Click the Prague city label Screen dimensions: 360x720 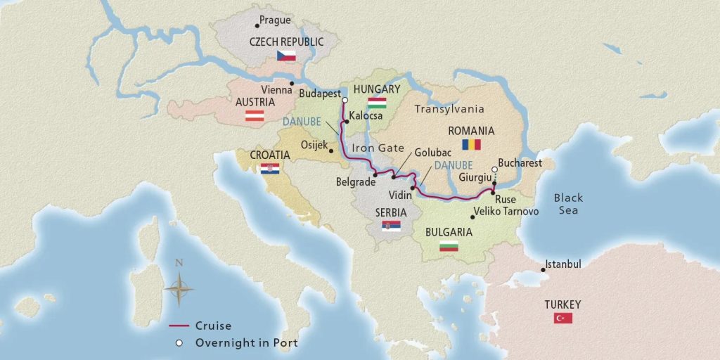275,21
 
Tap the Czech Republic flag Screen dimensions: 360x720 285,56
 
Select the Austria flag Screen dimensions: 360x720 254,117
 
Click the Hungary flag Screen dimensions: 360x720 377,103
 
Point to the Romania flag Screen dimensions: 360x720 470,145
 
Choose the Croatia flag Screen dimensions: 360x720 269,169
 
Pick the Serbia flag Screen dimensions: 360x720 391,226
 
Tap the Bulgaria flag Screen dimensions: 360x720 448,246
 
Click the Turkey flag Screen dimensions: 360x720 563,319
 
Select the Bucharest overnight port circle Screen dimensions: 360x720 494,169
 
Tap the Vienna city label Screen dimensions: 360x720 276,91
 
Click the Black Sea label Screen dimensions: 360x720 567,205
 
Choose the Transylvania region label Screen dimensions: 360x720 449,109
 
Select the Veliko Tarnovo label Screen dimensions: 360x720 506,211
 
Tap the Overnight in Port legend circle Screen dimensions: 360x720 179,343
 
